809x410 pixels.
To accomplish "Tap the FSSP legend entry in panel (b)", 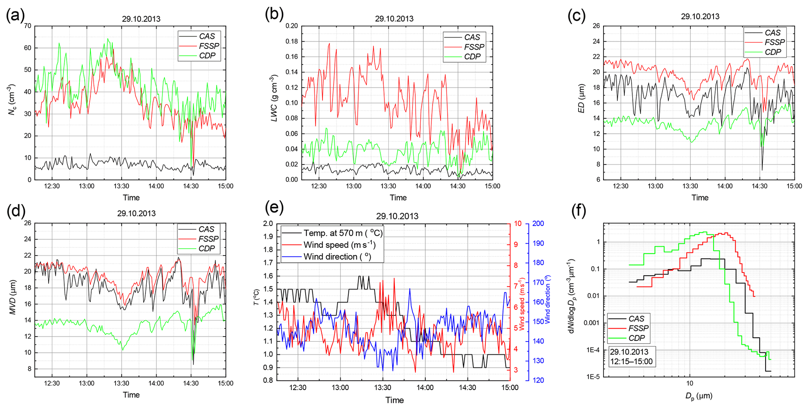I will [474, 47].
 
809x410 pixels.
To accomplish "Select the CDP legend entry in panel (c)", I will [773, 52].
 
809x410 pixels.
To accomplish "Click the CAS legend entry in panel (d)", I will [206, 229].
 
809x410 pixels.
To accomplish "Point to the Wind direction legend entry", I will [337, 257].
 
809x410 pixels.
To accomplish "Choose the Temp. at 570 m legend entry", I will [343, 233].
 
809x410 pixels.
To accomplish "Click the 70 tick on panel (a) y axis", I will [27, 26].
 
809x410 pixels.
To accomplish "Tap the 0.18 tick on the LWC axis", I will [291, 41].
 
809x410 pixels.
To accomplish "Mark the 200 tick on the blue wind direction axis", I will [538, 224].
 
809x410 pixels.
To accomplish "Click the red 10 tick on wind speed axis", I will [518, 224].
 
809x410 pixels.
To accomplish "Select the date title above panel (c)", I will [700, 16].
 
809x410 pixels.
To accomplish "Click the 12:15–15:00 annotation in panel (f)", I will [631, 362].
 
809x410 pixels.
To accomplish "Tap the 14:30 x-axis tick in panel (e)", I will [467, 388].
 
